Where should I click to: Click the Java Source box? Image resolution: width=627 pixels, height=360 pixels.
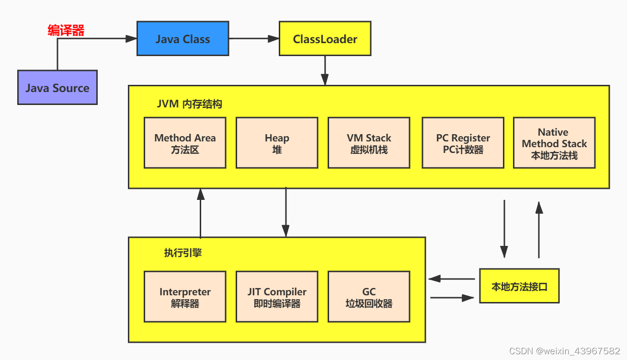click(57, 88)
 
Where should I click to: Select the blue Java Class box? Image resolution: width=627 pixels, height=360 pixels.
click(182, 38)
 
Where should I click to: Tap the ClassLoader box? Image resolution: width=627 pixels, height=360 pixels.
click(325, 38)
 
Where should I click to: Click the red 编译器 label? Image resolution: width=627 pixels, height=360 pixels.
click(66, 31)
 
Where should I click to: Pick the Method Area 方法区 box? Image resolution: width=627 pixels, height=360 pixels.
click(185, 143)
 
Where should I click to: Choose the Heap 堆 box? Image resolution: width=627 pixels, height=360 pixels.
click(277, 143)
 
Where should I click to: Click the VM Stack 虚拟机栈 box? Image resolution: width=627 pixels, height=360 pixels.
click(369, 143)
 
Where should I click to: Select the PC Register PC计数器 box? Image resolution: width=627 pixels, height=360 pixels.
click(463, 143)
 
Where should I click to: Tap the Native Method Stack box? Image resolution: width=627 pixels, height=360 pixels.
click(554, 143)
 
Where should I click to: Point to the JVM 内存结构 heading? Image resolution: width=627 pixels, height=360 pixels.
click(190, 104)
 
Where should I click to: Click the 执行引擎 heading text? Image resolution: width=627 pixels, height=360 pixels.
click(183, 253)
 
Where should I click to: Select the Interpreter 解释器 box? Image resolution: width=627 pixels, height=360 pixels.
click(185, 297)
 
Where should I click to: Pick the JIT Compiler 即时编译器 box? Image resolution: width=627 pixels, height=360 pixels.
click(277, 297)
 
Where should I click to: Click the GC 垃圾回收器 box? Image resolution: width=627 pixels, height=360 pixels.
click(369, 297)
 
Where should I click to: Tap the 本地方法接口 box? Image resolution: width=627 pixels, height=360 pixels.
click(519, 286)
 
